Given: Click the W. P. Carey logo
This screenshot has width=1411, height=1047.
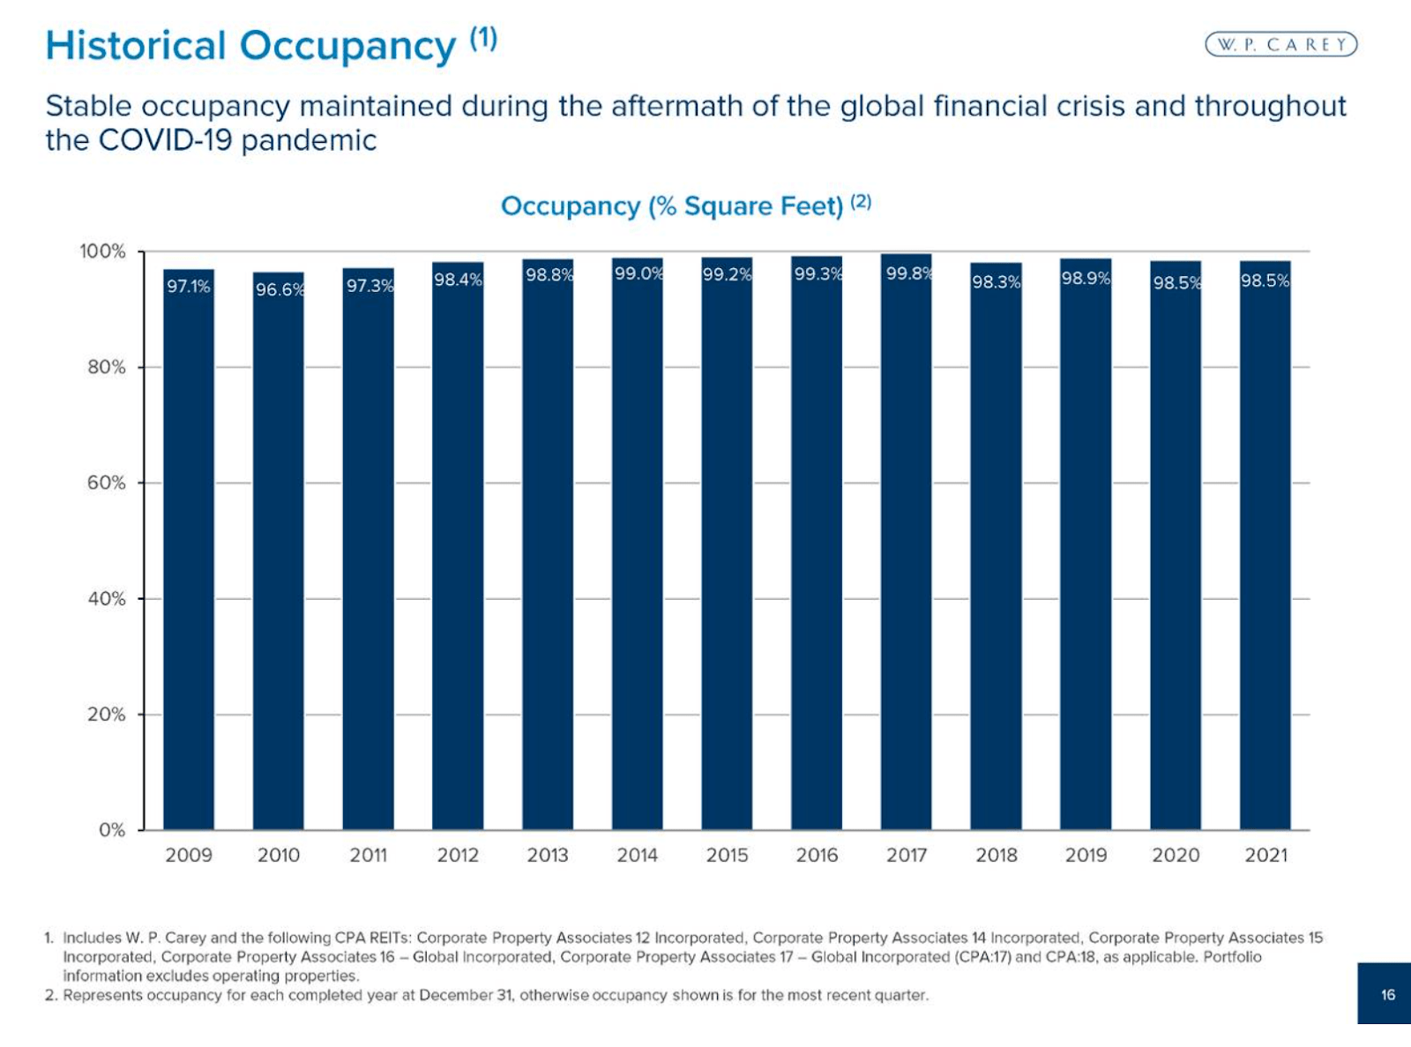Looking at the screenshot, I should tap(1280, 44).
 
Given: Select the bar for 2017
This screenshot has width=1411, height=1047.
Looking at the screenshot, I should tap(906, 547).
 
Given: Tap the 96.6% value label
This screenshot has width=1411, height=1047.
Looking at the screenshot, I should tap(280, 289).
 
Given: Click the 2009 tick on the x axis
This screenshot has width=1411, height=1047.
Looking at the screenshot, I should tap(189, 855).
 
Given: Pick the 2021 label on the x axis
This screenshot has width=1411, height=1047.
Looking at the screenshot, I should tap(1265, 855).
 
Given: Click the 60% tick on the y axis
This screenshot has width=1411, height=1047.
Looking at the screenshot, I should tap(107, 482).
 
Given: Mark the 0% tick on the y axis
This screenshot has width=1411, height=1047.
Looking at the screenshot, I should tap(112, 830).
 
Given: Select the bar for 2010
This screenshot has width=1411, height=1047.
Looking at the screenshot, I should tap(279, 556).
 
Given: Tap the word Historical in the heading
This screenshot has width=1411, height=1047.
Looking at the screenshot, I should tap(136, 46).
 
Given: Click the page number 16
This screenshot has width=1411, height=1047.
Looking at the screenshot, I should tap(1387, 995).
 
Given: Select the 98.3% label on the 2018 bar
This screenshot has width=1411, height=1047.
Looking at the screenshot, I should tap(996, 281).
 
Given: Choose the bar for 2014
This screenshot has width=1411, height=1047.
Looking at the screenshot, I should tap(637, 547).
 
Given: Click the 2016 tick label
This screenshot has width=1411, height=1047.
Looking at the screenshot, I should tap(817, 855).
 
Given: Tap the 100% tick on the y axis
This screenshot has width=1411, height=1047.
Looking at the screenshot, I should tap(103, 251).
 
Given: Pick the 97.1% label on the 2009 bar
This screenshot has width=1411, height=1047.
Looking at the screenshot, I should tap(189, 286).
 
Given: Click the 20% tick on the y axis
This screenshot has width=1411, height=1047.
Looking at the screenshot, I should tap(107, 714).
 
